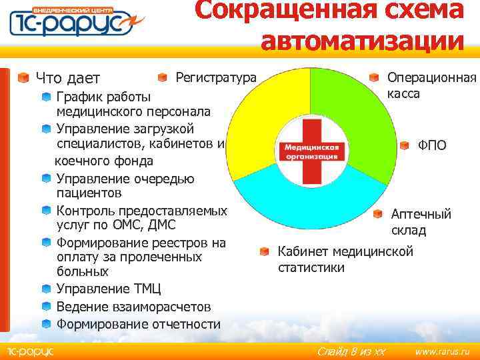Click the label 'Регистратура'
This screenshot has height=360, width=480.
pyautogui.click(x=215, y=78)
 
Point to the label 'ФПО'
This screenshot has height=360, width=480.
pyautogui.click(x=432, y=145)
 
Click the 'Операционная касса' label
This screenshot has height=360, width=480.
pyautogui.click(x=431, y=85)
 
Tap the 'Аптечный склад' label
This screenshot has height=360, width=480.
pyautogui.click(x=421, y=222)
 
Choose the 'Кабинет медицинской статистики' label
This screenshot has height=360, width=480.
pyautogui.click(x=345, y=259)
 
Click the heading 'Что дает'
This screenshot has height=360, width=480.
pyautogui.click(x=67, y=78)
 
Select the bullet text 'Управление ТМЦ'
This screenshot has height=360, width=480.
pyautogui.click(x=103, y=289)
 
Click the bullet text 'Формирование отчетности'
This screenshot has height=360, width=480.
pyautogui.click(x=138, y=324)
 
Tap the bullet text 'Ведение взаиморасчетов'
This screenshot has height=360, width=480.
pyautogui.click(x=133, y=307)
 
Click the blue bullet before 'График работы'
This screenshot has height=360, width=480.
pyautogui.click(x=46, y=96)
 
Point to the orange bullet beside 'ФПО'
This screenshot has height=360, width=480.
pyautogui.click(x=405, y=145)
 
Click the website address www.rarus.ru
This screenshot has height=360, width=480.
pyautogui.click(x=442, y=351)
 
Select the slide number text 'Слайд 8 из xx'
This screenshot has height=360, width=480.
pyautogui.click(x=351, y=351)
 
